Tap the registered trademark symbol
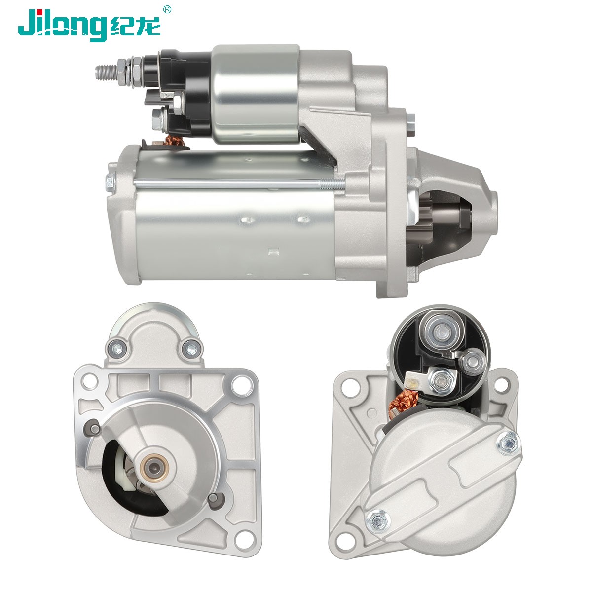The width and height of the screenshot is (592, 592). (x=167, y=9)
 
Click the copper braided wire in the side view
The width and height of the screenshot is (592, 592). (x=175, y=141)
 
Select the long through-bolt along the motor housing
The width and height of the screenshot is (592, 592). (x=240, y=184)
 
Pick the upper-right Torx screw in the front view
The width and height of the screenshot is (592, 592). (x=192, y=350)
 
